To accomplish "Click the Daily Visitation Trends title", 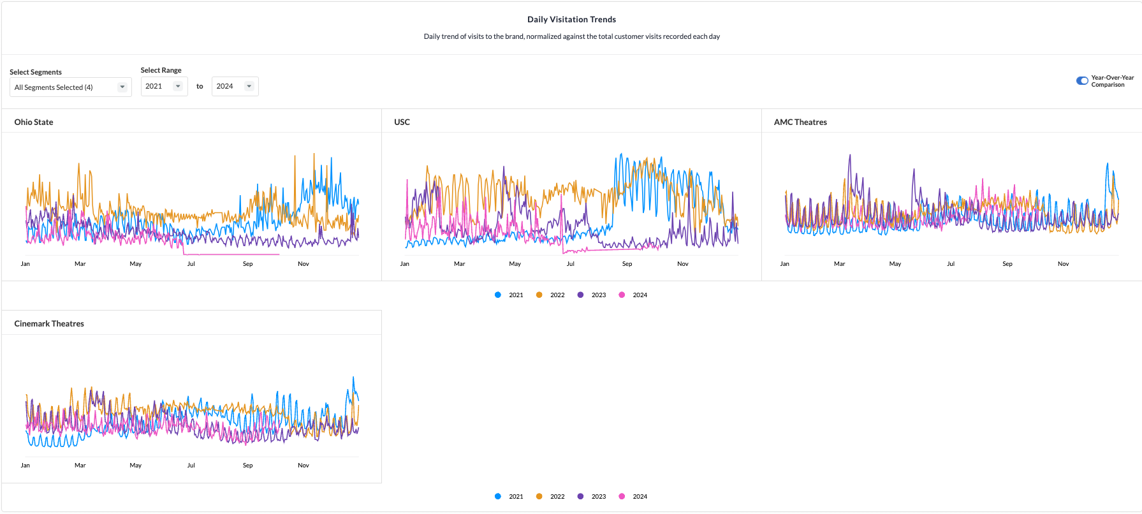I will [x=571, y=20].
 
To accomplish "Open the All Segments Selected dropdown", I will [x=70, y=87].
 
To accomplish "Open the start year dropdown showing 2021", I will [x=164, y=86].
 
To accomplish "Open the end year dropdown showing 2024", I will [x=235, y=86].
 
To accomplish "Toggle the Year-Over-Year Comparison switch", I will [x=1082, y=81].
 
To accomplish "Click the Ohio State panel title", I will [x=34, y=122].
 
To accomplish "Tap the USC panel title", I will [x=402, y=122].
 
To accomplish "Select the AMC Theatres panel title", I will [x=800, y=122].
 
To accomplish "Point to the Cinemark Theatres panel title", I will [x=49, y=324].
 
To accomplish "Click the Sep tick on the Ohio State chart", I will [x=247, y=264].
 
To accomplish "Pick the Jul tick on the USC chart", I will [x=571, y=264].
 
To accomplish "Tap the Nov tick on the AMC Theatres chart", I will [x=1063, y=264].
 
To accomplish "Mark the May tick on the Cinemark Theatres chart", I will [x=135, y=466].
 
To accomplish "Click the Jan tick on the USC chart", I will [x=405, y=264].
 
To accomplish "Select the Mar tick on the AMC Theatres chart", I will [x=839, y=264].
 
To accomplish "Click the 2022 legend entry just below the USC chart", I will [x=551, y=295].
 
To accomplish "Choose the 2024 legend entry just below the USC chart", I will [x=633, y=295].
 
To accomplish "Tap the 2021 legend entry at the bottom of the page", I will [x=509, y=497].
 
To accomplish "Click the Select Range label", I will [x=161, y=70].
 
